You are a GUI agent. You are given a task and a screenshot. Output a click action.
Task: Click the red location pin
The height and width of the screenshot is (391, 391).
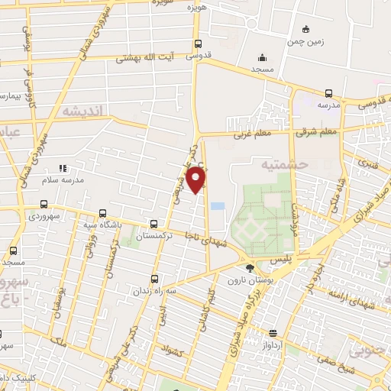(x=197, y=180)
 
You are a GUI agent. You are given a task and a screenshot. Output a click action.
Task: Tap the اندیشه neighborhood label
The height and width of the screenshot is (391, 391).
(x=82, y=112)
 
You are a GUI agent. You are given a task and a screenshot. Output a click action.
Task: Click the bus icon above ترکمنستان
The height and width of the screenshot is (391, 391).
(x=155, y=225)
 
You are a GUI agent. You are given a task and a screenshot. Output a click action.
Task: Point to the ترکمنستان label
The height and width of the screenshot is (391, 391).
(x=155, y=238)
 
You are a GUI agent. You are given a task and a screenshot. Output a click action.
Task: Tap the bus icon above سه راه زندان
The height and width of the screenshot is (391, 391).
(x=155, y=279)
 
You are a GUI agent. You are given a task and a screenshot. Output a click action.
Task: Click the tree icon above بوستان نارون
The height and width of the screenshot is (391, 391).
(x=250, y=267)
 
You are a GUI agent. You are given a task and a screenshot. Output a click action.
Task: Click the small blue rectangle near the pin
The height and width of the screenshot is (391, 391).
(x=218, y=206)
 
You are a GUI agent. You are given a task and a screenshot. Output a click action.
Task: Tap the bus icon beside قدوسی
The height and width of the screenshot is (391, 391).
(x=199, y=44)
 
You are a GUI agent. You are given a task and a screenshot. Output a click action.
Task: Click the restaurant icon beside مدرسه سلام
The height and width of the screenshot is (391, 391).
(x=63, y=168)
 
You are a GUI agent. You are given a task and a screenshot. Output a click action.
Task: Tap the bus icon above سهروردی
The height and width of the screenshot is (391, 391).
(x=44, y=204)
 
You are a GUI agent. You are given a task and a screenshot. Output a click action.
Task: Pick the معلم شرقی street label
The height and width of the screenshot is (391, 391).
(x=316, y=132)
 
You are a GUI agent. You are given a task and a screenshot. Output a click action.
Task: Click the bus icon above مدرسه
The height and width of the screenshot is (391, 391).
(x=328, y=92)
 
